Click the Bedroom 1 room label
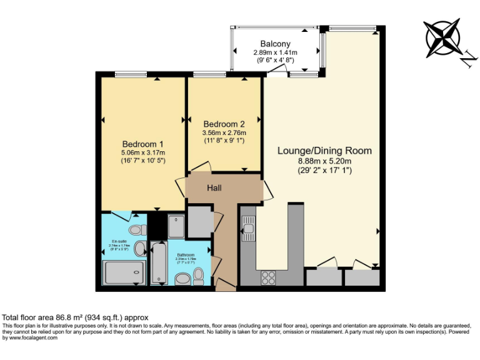(x=139, y=143)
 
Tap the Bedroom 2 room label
(x=224, y=123)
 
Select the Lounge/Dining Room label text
(x=324, y=151)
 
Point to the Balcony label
(x=276, y=44)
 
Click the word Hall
(x=214, y=187)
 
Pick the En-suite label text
(x=119, y=241)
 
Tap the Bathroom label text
(x=186, y=254)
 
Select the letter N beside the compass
(x=467, y=59)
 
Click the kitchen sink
(x=248, y=229)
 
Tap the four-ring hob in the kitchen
(x=268, y=276)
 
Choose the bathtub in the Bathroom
(x=158, y=263)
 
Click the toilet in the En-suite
(x=139, y=247)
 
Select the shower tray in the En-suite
(x=123, y=272)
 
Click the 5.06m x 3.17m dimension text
(x=143, y=152)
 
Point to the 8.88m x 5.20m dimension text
(x=324, y=161)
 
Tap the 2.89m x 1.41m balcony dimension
(x=275, y=52)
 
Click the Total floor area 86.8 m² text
(x=76, y=317)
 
